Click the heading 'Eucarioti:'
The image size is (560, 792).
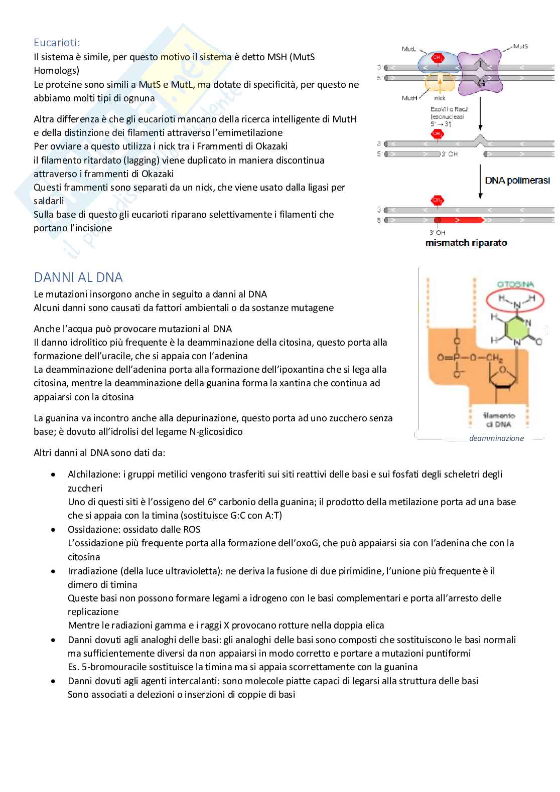pyautogui.click(x=57, y=43)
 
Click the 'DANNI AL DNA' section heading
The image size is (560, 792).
pyautogui.click(x=78, y=277)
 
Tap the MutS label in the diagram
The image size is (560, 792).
pyautogui.click(x=520, y=46)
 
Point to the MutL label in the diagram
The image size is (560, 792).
pyautogui.click(x=408, y=49)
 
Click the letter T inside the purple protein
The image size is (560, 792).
pyautogui.click(x=481, y=64)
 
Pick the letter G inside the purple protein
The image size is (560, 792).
pyautogui.click(x=481, y=83)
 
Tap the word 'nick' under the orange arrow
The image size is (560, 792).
pyautogui.click(x=440, y=98)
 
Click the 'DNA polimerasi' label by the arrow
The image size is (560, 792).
pyautogui.click(x=517, y=181)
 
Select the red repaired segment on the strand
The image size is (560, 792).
pyautogui.click(x=462, y=220)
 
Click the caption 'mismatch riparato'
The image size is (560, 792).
pyautogui.click(x=466, y=243)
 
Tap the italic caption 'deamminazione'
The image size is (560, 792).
pyautogui.click(x=496, y=438)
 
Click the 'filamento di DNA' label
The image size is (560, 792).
pyautogui.click(x=499, y=420)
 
